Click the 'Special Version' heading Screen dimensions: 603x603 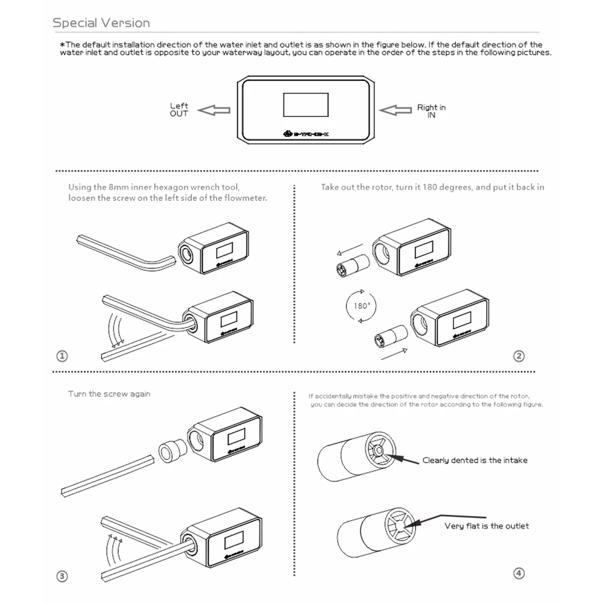[101, 23]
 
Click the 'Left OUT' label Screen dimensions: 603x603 [179, 110]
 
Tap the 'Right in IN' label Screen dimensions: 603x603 [431, 111]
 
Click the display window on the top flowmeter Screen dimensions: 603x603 [306, 104]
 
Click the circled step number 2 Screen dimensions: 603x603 [519, 356]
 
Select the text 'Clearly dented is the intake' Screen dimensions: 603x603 [475, 460]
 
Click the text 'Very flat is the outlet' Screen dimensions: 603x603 [486, 526]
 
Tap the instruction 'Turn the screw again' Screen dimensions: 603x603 [109, 394]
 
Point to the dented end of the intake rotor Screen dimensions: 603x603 [378, 450]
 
